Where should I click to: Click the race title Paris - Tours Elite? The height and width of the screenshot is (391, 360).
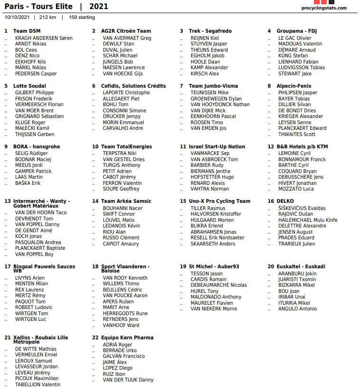38,7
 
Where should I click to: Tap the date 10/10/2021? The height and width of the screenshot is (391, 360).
17,18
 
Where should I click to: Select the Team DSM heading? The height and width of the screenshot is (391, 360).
27,31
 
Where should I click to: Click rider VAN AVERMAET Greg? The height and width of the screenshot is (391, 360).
127,38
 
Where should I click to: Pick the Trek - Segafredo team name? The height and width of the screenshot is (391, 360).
210,31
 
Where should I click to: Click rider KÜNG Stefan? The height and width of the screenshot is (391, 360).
293,56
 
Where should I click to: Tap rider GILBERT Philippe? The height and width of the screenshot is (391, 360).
35,93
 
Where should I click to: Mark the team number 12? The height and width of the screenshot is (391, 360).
271,147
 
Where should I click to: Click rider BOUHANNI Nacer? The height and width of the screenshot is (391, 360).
122,208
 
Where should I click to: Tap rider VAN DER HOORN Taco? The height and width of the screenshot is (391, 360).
41,213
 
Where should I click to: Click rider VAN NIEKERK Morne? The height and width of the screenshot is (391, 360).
213,309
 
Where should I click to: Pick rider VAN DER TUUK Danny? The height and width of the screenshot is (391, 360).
128,380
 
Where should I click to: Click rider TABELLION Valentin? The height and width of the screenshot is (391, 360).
37,385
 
